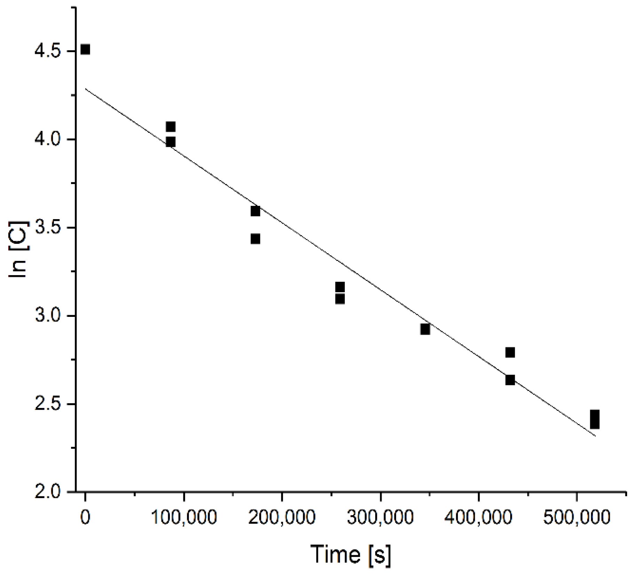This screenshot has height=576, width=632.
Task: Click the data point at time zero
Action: tap(85, 50)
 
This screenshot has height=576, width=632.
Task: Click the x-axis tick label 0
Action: tap(85, 518)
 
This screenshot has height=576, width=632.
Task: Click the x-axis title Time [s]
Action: tap(351, 554)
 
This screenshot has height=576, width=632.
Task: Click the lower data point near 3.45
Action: tap(255, 239)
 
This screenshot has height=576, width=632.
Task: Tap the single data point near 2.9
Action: tap(425, 329)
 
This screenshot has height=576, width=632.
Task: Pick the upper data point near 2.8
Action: tap(510, 353)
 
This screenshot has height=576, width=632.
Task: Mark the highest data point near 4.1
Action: tap(171, 127)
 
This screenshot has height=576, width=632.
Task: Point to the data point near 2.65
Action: tap(510, 380)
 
